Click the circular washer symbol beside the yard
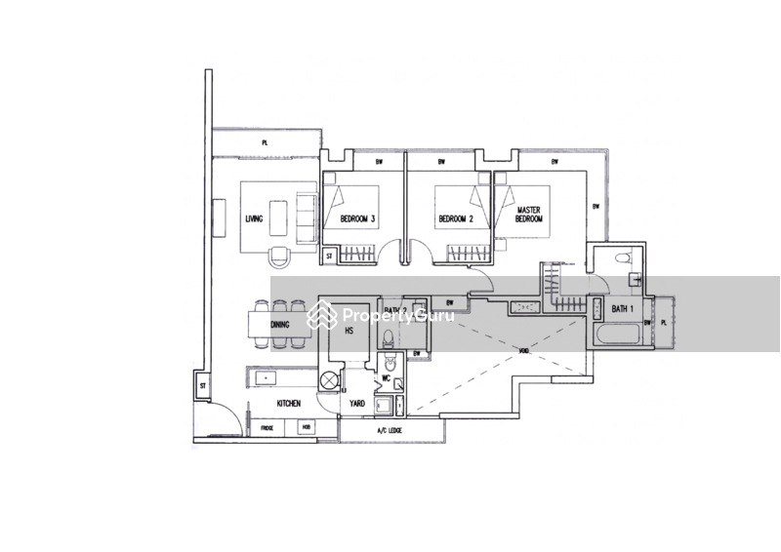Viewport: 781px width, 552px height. [332, 375]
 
